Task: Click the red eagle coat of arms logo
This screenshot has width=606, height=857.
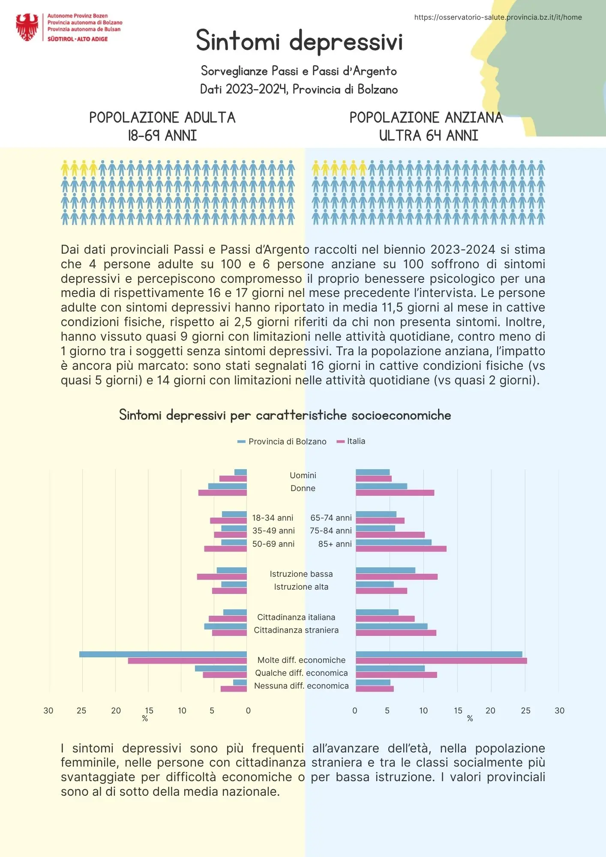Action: [x=27, y=27]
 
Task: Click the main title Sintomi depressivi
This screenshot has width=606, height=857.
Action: [x=299, y=42]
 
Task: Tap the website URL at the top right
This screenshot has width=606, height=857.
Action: [x=498, y=17]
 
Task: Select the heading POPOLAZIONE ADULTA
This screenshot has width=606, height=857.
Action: [x=162, y=117]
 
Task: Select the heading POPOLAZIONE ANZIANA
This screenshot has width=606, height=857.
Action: [x=426, y=117]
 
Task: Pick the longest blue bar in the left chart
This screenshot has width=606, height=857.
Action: [x=163, y=654]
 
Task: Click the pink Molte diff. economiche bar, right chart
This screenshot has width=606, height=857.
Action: [x=441, y=661]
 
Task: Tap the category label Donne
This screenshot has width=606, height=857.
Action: [x=303, y=488]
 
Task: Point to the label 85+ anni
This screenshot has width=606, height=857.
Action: [x=335, y=544]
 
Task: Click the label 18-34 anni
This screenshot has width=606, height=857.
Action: [x=273, y=518]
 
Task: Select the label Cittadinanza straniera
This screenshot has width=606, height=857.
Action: [x=296, y=630]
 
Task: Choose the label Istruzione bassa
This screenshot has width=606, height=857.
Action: [x=301, y=574]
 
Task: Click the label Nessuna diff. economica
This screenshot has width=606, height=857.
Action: [x=301, y=686]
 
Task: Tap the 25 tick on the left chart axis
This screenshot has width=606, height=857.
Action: [x=81, y=710]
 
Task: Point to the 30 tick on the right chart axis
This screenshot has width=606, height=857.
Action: [x=559, y=710]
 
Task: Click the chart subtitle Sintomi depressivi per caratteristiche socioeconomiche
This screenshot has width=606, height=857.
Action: [x=285, y=415]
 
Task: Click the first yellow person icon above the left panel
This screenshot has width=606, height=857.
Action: [x=65, y=168]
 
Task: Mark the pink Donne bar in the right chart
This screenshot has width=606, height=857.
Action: [x=395, y=493]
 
